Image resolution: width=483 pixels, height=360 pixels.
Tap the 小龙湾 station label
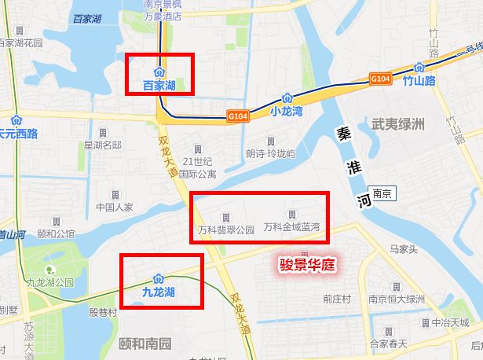[286, 112]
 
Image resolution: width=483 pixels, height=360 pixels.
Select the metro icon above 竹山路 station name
[419, 68]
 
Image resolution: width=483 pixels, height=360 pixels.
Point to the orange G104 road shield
[380, 79]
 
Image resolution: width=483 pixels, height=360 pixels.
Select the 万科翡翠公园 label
[227, 230]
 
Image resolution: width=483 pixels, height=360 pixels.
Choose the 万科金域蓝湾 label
[292, 228]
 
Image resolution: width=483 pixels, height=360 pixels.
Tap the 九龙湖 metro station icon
[159, 278]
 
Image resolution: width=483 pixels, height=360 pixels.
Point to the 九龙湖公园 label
[49, 281]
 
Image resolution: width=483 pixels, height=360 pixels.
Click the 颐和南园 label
[144, 343]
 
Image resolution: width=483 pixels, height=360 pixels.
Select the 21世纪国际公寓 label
[196, 167]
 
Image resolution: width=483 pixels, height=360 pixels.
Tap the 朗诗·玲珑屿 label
[270, 153]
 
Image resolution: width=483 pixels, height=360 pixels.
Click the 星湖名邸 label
[103, 145]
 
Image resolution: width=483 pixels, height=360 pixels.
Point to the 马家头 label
[405, 250]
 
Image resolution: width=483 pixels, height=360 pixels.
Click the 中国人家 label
[114, 208]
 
